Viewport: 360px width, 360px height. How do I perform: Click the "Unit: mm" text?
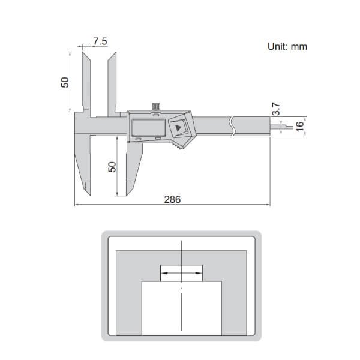pyautogui.click(x=287, y=46)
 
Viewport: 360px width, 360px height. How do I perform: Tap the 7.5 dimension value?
pyautogui.click(x=100, y=41)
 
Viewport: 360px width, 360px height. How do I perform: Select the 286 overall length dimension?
pyautogui.click(x=172, y=199)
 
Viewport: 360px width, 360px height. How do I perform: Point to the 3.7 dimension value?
pyautogui.click(x=276, y=110)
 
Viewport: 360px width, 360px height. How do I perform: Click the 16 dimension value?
pyautogui.click(x=300, y=127)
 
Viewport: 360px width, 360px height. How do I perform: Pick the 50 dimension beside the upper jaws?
pyautogui.click(x=65, y=82)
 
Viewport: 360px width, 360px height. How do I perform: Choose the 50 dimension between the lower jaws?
pyautogui.click(x=111, y=166)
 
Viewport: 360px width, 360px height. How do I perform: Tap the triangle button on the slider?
pyautogui.click(x=179, y=127)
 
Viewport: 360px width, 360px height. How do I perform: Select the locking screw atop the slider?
pyautogui.click(x=156, y=107)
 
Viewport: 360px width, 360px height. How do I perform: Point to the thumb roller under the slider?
pyautogui.click(x=177, y=146)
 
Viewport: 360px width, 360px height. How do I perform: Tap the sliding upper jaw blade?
pyautogui.click(x=112, y=84)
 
